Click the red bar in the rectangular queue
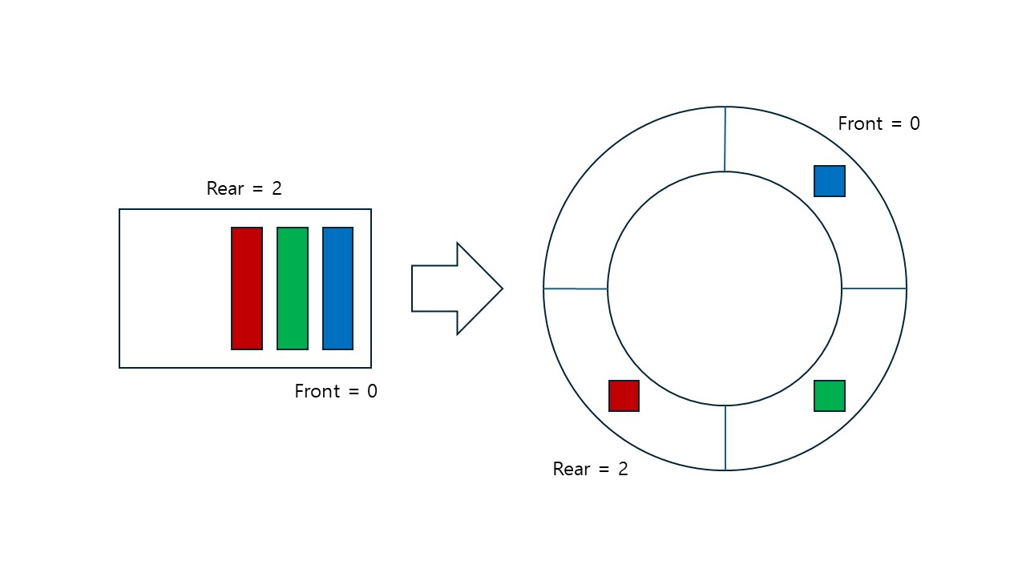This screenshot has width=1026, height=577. pyautogui.click(x=247, y=288)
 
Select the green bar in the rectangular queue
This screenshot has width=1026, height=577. pyautogui.click(x=293, y=288)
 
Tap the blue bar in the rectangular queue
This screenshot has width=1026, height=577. pyautogui.click(x=337, y=288)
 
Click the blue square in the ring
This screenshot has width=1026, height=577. pyautogui.click(x=830, y=181)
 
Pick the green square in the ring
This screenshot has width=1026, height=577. pyautogui.click(x=830, y=396)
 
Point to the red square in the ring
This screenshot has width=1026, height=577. pyautogui.click(x=624, y=396)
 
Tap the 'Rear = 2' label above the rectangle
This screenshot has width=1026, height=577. pyautogui.click(x=244, y=188)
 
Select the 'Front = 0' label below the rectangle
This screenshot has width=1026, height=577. pyautogui.click(x=336, y=391)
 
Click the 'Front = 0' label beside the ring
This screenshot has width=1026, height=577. pyautogui.click(x=879, y=123)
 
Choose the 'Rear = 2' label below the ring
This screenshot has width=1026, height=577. pyautogui.click(x=590, y=469)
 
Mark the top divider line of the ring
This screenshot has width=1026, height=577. pyautogui.click(x=725, y=139)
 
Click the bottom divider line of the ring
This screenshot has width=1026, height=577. pyautogui.click(x=725, y=438)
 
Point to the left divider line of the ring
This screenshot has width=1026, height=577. pyautogui.click(x=576, y=288)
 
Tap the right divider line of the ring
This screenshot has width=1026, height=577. pyautogui.click(x=874, y=288)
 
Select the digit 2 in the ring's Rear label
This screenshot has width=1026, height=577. pyautogui.click(x=623, y=469)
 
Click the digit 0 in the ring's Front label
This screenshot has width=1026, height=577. pyautogui.click(x=914, y=123)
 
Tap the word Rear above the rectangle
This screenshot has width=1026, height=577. pyautogui.click(x=224, y=188)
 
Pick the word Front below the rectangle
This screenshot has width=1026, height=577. pyautogui.click(x=318, y=391)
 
